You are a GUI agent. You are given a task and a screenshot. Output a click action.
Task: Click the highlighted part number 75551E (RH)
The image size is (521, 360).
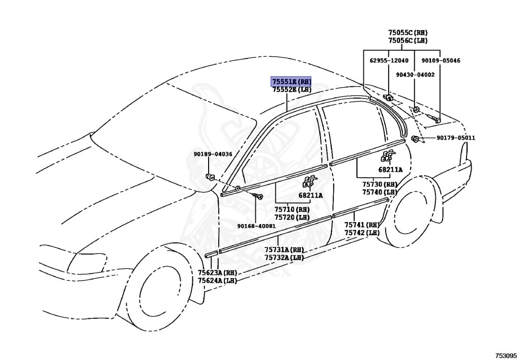291,81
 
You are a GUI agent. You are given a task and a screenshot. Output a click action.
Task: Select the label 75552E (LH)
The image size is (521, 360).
291,90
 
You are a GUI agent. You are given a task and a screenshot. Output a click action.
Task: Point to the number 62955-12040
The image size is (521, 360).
389,61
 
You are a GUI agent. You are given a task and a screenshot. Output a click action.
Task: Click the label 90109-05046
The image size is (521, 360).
441,61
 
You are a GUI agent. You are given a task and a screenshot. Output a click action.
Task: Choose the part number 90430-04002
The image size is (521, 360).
415,75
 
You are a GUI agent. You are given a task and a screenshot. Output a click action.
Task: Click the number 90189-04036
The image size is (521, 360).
212,154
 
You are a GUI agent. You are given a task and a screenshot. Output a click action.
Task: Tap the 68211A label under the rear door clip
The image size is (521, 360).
390,170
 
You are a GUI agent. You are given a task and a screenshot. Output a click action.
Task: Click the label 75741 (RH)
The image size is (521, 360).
362,225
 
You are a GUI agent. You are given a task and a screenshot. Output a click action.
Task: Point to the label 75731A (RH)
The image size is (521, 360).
283,250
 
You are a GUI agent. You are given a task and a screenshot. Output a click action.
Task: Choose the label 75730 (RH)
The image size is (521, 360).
379,184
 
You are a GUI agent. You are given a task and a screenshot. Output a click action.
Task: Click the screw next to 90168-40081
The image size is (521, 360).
260,197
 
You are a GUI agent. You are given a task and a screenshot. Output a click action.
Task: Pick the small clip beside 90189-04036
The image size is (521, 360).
209,177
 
